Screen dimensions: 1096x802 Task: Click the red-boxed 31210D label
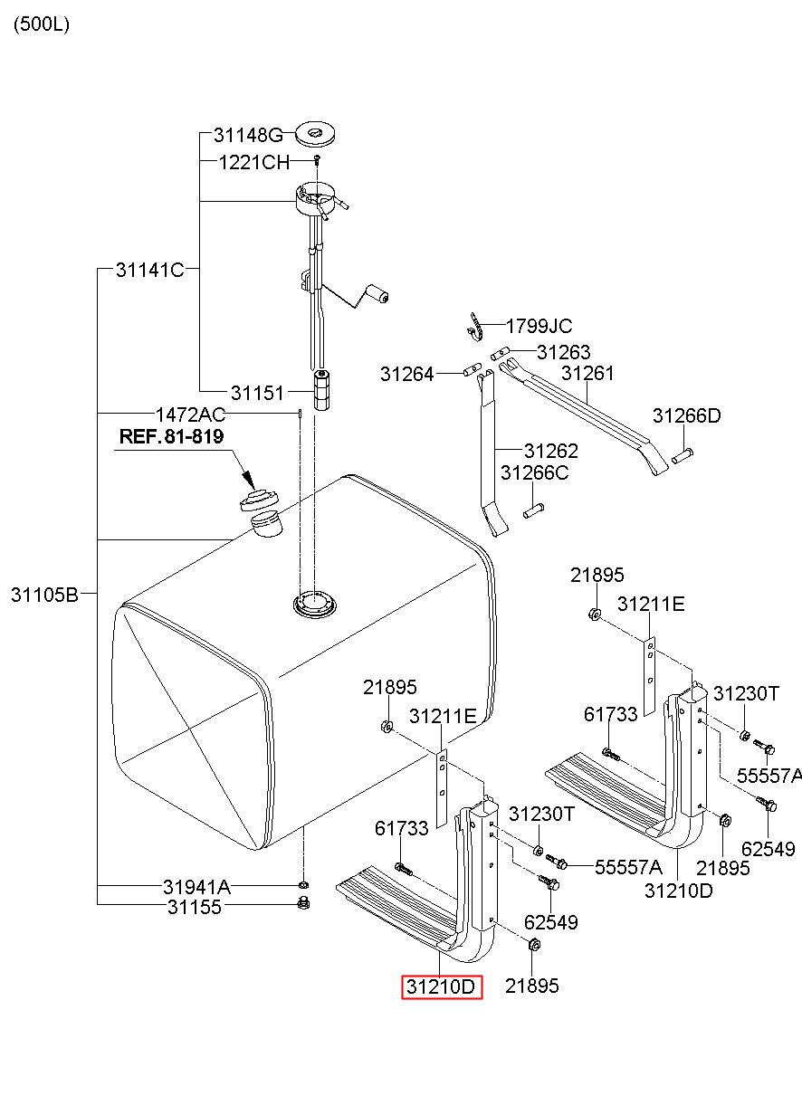tap(442, 986)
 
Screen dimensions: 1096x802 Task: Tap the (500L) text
tap(41, 24)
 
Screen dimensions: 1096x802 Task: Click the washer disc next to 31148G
tap(315, 135)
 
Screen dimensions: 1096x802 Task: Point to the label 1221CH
tap(254, 163)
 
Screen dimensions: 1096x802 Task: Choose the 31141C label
tap(149, 269)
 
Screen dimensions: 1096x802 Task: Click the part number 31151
tap(257, 393)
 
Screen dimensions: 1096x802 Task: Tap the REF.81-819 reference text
tap(171, 436)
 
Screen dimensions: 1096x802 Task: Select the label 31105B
tap(44, 595)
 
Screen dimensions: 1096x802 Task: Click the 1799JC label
tap(539, 326)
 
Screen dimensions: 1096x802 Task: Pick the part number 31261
tap(587, 373)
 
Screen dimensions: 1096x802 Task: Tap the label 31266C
tap(535, 472)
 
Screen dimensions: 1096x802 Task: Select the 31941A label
tap(196, 887)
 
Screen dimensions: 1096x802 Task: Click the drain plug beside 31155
tap(304, 903)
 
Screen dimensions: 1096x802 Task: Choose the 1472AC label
tap(190, 415)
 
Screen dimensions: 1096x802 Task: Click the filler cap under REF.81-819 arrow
tap(259, 499)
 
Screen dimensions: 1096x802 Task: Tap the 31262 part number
tap(551, 450)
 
